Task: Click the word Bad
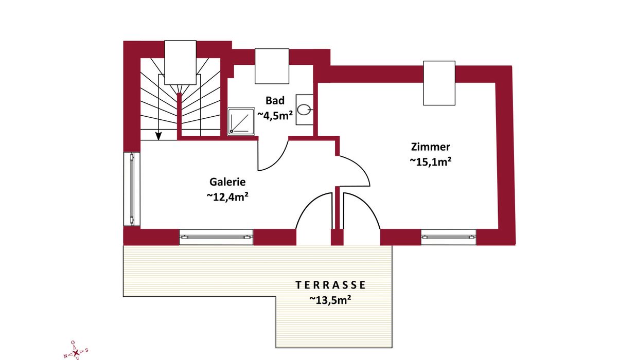[x=275, y=100]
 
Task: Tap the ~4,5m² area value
[x=275, y=115]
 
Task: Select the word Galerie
[x=227, y=182]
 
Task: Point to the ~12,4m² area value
[x=227, y=196]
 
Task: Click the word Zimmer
[x=431, y=147]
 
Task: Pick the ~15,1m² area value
[x=431, y=161]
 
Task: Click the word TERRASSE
[x=330, y=285]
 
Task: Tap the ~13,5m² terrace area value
[x=330, y=300]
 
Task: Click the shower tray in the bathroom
[x=241, y=121]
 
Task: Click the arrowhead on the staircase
[x=158, y=136]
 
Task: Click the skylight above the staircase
[x=180, y=62]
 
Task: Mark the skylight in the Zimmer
[x=439, y=83]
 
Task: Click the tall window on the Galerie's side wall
[x=132, y=189]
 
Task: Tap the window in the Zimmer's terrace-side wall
[x=449, y=237]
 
